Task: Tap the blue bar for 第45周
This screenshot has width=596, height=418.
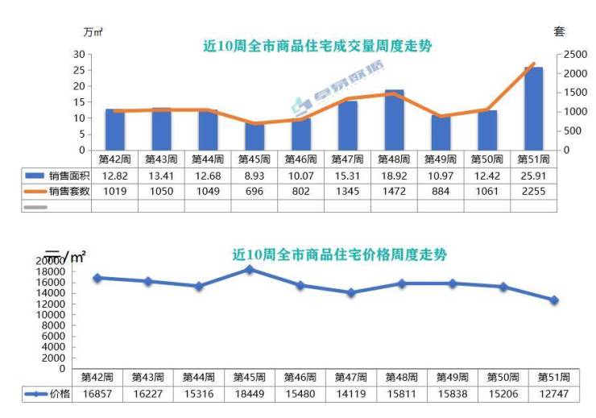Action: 255,136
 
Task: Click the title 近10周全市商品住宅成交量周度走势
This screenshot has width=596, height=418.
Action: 317,46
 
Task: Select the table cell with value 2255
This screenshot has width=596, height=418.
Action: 533,191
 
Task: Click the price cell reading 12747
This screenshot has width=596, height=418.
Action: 554,394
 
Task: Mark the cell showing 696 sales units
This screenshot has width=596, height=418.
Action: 255,191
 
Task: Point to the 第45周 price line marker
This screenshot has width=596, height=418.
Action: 250,270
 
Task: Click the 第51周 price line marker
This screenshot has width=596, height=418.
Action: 554,300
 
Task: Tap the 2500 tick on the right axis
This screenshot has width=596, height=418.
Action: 575,54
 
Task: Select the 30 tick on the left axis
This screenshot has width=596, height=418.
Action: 79,54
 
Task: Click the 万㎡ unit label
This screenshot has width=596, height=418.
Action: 93,32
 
